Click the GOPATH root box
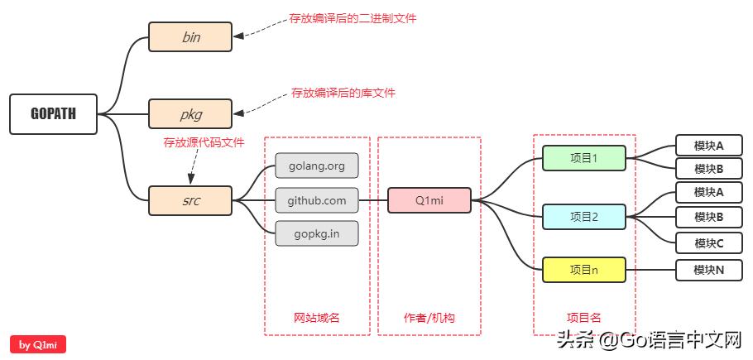click(53, 114)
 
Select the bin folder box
click(190, 37)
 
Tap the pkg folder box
click(190, 114)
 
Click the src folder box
click(190, 200)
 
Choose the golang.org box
click(317, 166)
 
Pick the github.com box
click(317, 200)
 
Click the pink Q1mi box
click(429, 200)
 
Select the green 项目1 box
click(584, 158)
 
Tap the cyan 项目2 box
click(584, 217)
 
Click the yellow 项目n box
click(584, 270)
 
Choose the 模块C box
click(709, 243)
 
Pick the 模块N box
click(709, 270)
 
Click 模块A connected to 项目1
click(709, 146)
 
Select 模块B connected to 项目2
click(709, 217)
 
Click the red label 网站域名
click(317, 318)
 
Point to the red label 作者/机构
click(429, 318)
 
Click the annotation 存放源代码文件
click(204, 142)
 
